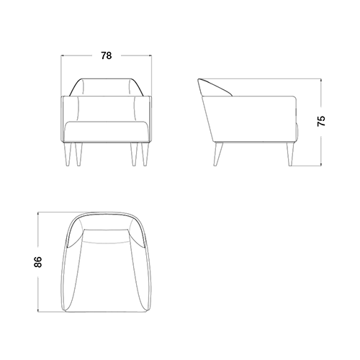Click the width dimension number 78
point(106,55)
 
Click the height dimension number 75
point(321,121)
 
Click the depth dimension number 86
point(38,262)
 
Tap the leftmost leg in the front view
point(68,154)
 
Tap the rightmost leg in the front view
point(145,154)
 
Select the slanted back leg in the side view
point(218,154)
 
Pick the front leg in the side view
point(290,154)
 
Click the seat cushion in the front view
point(107,132)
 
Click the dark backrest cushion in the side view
point(215,88)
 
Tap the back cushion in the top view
point(106,236)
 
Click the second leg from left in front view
point(78,154)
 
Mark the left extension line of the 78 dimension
point(60,76)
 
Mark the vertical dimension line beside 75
point(321,122)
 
